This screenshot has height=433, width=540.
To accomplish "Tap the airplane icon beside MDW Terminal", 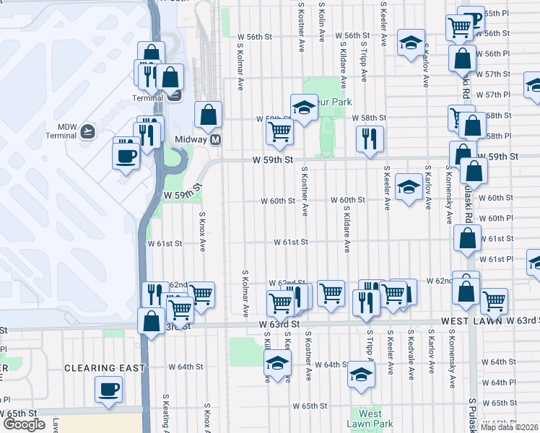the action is (87, 131).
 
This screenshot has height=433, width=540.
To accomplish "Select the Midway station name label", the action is (191, 139).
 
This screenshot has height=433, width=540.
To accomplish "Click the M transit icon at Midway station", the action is (215, 139).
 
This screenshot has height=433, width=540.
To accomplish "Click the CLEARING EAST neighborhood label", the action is (105, 367).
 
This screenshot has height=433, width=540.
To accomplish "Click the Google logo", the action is (24, 424).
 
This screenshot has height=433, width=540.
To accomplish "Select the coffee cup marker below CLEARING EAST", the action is (109, 389).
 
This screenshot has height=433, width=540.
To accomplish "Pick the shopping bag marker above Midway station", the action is (209, 113).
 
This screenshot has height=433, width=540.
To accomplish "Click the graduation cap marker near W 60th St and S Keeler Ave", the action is (409, 188).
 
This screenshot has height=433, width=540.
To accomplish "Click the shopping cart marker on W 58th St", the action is (279, 131).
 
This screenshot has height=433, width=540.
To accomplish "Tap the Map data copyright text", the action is (510, 427).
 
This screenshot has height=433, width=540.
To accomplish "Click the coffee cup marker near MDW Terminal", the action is (126, 154).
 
